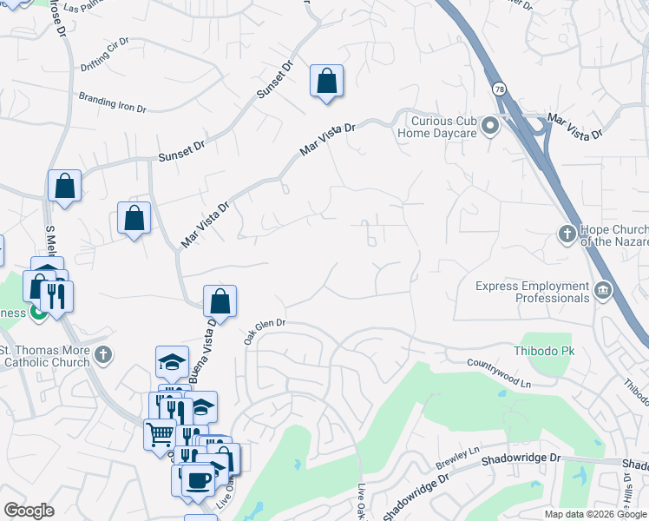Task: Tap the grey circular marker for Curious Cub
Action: point(490,127)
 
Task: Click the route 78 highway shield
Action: point(500,89)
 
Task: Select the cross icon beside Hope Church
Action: point(566,234)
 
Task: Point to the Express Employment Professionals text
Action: point(532,292)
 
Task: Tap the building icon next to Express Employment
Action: point(602,290)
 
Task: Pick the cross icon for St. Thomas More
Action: point(102,354)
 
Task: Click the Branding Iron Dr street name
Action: point(113,102)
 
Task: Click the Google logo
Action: point(29,511)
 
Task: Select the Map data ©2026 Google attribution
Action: point(595,514)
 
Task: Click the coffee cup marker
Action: point(197,478)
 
